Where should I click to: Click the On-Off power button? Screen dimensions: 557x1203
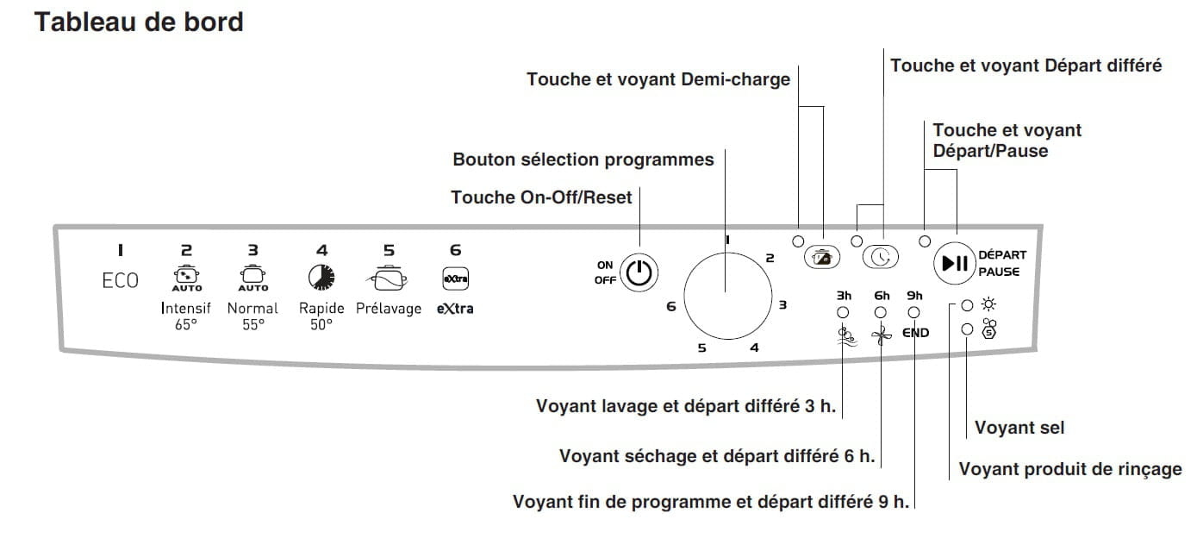click(x=639, y=272)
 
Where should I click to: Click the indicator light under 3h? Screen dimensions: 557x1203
click(x=843, y=313)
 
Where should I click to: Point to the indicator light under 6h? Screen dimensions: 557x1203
click(x=881, y=313)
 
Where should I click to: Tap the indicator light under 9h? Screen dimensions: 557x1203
click(x=914, y=313)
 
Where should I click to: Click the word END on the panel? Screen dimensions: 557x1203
click(x=915, y=333)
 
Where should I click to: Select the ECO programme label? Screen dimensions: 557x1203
click(x=120, y=281)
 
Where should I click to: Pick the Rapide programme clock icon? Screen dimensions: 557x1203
click(x=321, y=276)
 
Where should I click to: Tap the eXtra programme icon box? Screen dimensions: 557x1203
click(x=455, y=278)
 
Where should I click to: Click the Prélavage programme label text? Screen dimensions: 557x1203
click(x=389, y=308)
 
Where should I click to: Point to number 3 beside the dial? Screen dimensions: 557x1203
click(x=782, y=304)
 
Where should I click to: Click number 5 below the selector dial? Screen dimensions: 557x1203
click(x=702, y=348)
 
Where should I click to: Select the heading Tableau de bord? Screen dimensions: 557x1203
click(x=139, y=22)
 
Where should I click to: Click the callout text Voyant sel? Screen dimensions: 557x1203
click(x=1019, y=428)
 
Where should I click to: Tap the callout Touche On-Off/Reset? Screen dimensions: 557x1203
click(x=541, y=197)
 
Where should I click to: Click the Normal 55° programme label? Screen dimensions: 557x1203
click(x=252, y=316)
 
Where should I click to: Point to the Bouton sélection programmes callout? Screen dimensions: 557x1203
click(x=583, y=160)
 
